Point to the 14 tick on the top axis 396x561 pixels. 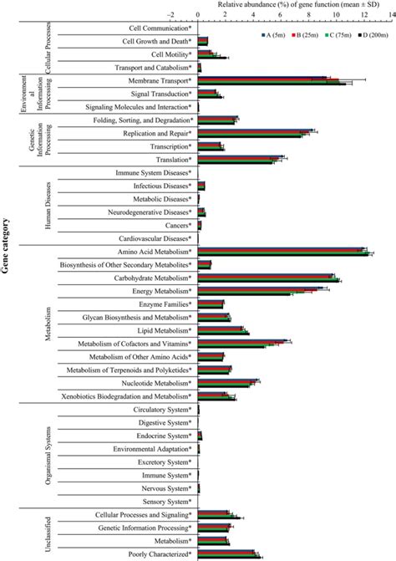(x=391, y=14)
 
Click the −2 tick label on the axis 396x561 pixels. (x=170, y=14)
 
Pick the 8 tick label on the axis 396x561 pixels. (x=309, y=14)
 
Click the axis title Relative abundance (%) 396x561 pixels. (x=293, y=4)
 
